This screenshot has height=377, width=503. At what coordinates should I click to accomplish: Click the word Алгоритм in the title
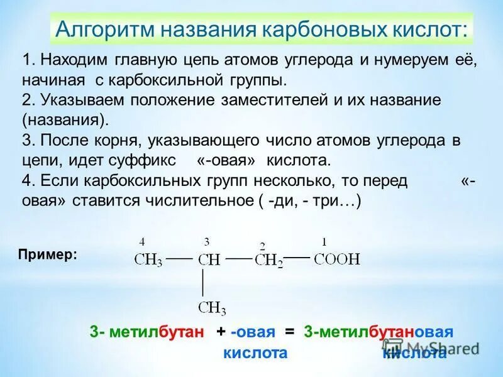tap(104, 29)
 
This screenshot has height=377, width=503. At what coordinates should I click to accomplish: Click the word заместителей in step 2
tap(285, 99)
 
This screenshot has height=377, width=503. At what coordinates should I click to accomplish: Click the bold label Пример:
tap(48, 254)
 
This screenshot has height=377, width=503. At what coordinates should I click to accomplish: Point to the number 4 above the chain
tap(142, 241)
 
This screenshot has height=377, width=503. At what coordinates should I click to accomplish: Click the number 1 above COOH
tap(324, 241)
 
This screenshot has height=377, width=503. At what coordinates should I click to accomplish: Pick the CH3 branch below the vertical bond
tap(212, 308)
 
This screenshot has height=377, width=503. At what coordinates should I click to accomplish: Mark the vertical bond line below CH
tap(203, 283)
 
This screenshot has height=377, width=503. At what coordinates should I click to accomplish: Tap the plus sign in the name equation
tap(221, 332)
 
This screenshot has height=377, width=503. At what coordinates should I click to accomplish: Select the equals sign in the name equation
tap(289, 332)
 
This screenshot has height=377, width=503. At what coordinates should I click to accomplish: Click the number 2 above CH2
tap(263, 246)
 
